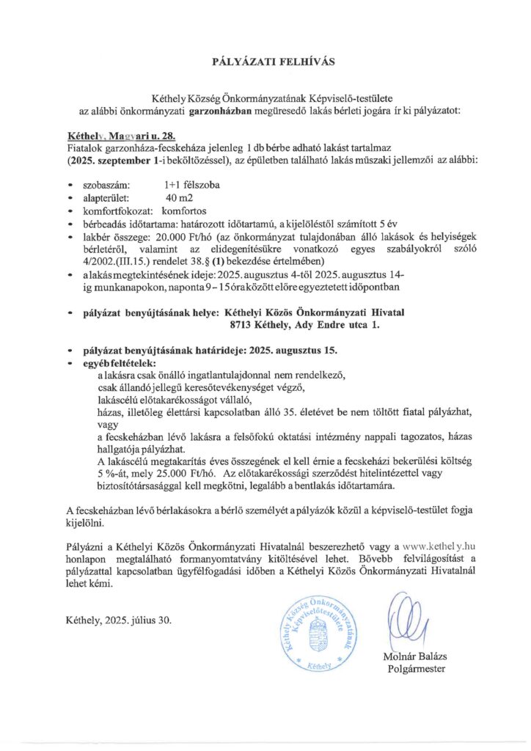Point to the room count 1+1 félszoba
tap(192, 186)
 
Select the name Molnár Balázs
tap(412, 656)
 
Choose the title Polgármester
tap(415, 668)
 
